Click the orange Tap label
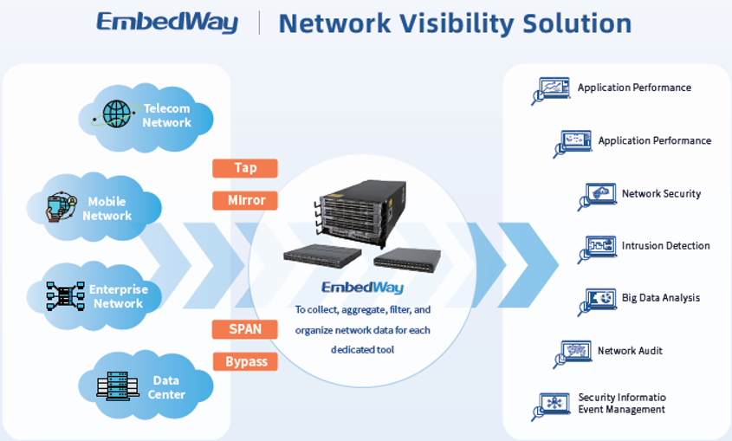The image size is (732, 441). [245, 168]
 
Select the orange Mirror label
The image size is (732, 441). [245, 201]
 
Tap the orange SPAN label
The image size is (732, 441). [245, 329]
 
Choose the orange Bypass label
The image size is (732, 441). [245, 361]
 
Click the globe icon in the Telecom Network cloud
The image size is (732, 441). [116, 113]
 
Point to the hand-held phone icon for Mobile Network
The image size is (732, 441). [62, 206]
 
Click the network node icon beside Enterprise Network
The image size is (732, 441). [65, 296]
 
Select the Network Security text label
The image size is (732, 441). [661, 194]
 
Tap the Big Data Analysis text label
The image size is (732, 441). [661, 298]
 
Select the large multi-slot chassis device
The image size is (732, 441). [360, 213]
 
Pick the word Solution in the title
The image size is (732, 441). [577, 23]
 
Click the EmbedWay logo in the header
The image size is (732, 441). [167, 23]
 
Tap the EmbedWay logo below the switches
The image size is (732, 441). [362, 288]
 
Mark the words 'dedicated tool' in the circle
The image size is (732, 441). [362, 349]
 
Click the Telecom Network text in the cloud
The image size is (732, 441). [166, 115]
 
